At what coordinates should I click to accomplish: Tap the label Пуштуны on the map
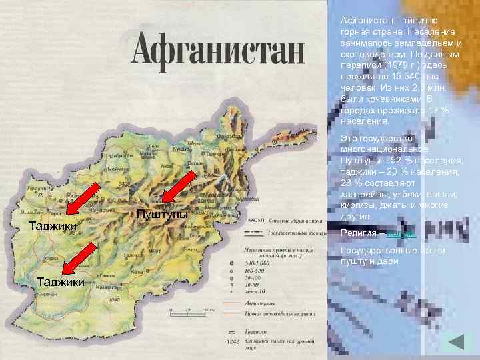tap(161, 214)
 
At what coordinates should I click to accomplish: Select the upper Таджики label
tap(53, 226)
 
